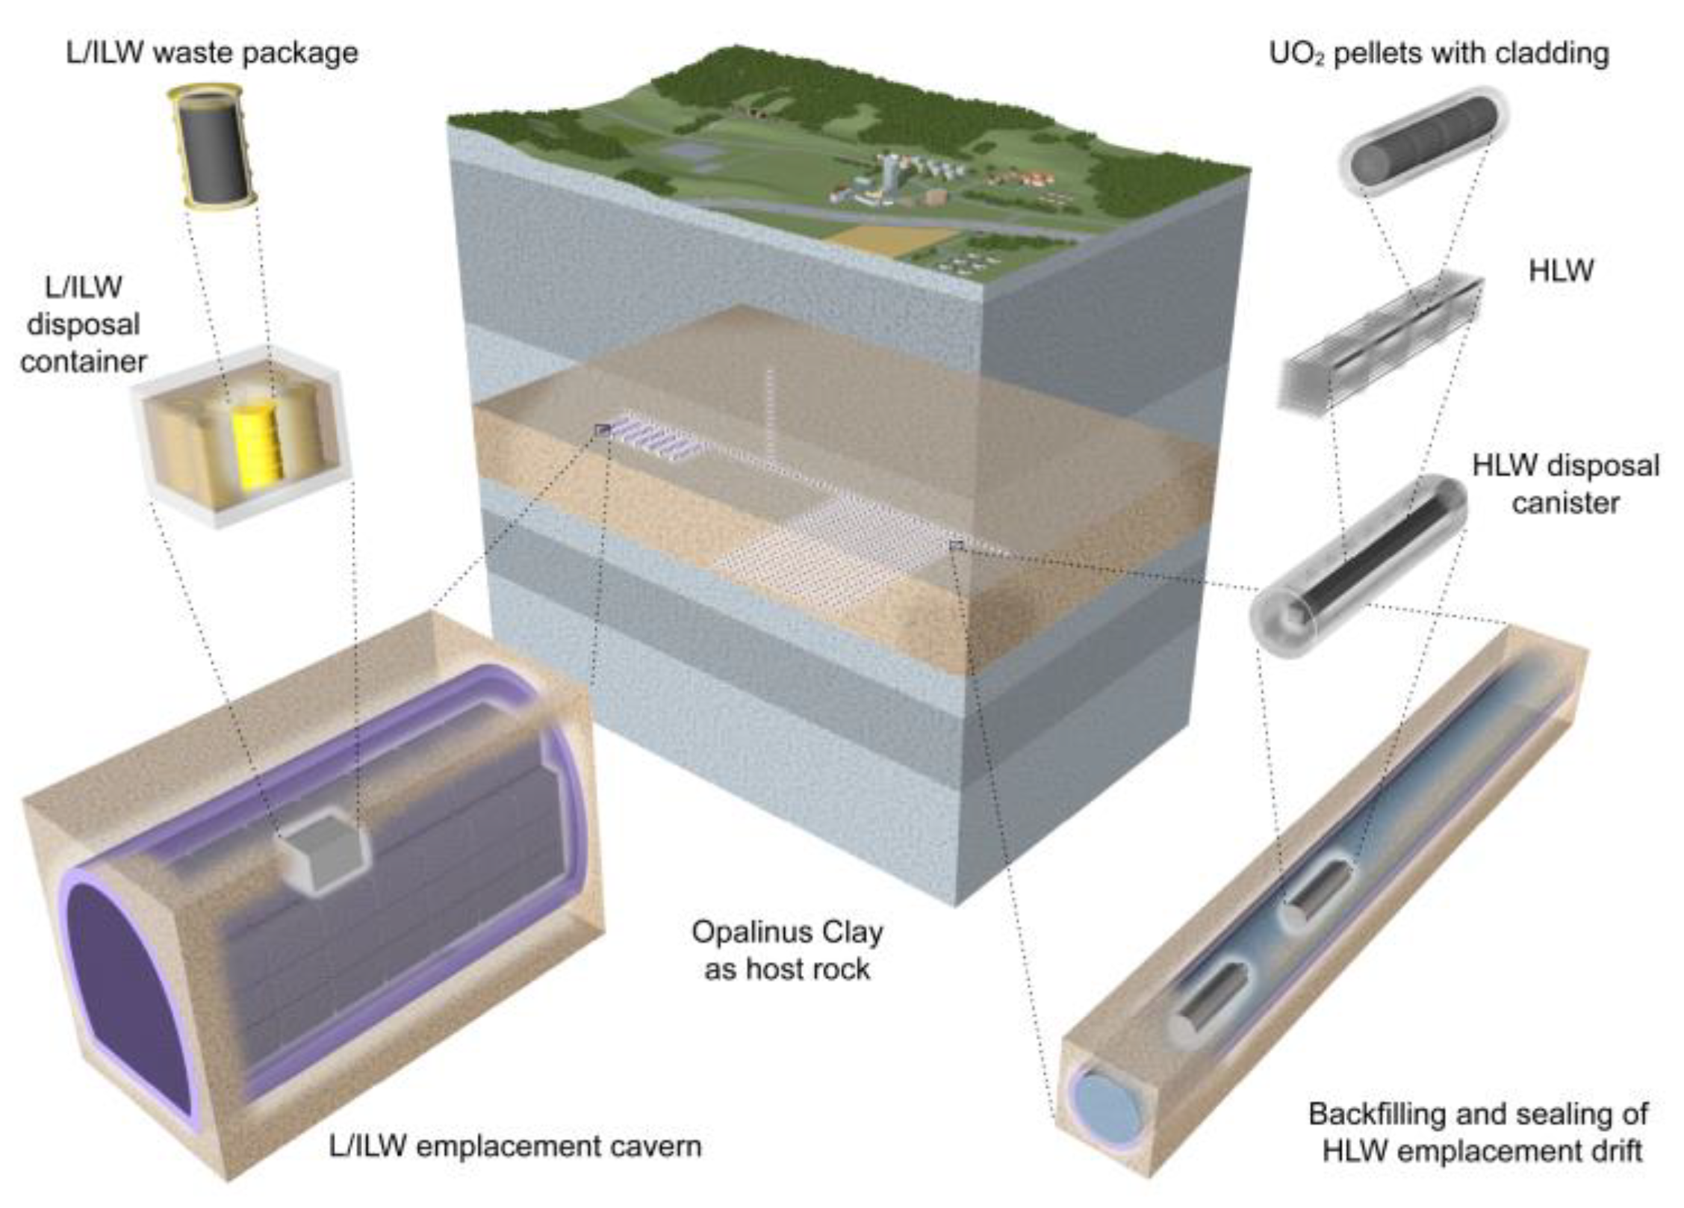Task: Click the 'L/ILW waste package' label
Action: [x=212, y=53]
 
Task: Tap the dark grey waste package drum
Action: [x=212, y=147]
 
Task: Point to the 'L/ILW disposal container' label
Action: [x=83, y=324]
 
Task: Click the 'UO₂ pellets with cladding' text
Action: [x=1439, y=53]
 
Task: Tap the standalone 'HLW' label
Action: [x=1561, y=270]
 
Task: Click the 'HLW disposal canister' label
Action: [x=1565, y=484]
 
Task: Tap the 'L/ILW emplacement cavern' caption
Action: [x=515, y=1146]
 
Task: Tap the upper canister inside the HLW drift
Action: [x=1319, y=893]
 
